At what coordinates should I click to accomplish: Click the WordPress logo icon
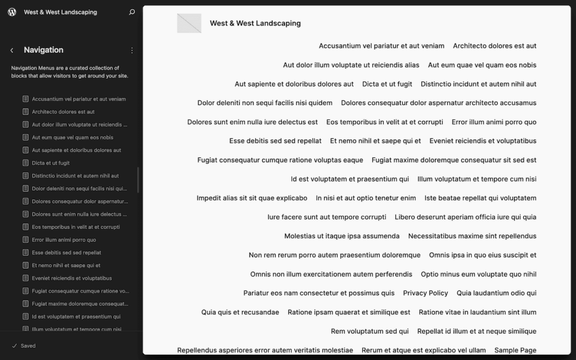tap(12, 12)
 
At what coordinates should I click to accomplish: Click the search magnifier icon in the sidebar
tap(132, 12)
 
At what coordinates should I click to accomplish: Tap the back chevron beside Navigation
tap(12, 50)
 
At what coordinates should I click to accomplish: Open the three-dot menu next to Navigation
tap(132, 50)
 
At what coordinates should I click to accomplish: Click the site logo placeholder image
tap(189, 23)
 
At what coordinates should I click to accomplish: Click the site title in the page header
tap(255, 23)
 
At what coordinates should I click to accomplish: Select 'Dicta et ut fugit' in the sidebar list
tap(51, 163)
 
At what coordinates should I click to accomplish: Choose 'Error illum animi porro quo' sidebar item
tap(64, 240)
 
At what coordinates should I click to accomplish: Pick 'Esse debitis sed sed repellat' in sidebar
tap(66, 253)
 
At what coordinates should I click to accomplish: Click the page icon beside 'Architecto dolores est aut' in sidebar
tap(25, 112)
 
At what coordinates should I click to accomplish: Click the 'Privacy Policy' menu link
tap(425, 293)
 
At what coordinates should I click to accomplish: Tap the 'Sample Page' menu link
tap(515, 350)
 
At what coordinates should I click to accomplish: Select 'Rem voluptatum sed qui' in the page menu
tap(370, 331)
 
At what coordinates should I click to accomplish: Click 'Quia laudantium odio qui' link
tap(496, 293)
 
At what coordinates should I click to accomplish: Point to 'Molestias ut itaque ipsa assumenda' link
tap(341, 236)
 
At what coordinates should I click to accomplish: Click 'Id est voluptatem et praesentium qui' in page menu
tap(349, 179)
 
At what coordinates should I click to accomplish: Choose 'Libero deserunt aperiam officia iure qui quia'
tap(465, 217)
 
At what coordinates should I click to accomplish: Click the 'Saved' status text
tap(28, 346)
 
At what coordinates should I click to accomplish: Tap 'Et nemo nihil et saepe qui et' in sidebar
tap(66, 265)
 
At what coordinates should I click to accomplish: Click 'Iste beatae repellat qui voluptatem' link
tap(480, 198)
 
